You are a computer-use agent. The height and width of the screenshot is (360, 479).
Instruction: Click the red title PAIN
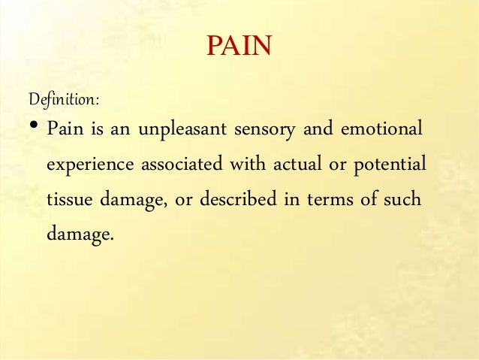(239, 47)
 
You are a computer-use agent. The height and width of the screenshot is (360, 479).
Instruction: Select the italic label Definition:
(64, 98)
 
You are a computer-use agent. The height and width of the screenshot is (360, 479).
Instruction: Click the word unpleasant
(178, 130)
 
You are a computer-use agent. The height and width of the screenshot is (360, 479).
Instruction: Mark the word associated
(182, 164)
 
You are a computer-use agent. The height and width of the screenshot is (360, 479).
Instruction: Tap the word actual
(294, 164)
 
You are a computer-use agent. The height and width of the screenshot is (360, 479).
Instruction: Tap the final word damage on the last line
(80, 234)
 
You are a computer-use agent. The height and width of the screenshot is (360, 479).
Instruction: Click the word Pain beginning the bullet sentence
(65, 129)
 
